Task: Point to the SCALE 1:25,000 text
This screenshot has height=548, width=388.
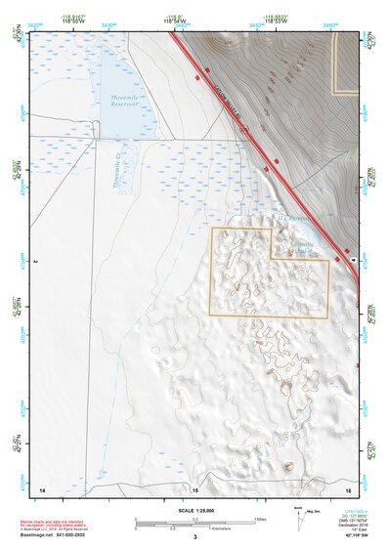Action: pos(194,509)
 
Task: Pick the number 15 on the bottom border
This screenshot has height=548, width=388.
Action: pos(195,487)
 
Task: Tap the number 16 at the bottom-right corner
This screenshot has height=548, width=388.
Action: pos(348,487)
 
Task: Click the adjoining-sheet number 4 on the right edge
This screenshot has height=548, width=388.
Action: pos(353,260)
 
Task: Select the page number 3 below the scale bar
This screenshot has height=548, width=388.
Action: pos(194,537)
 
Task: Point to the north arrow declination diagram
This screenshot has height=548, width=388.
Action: pos(299,519)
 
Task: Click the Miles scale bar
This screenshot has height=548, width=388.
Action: pos(195,519)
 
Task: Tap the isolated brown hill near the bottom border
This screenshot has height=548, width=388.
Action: pos(287,467)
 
